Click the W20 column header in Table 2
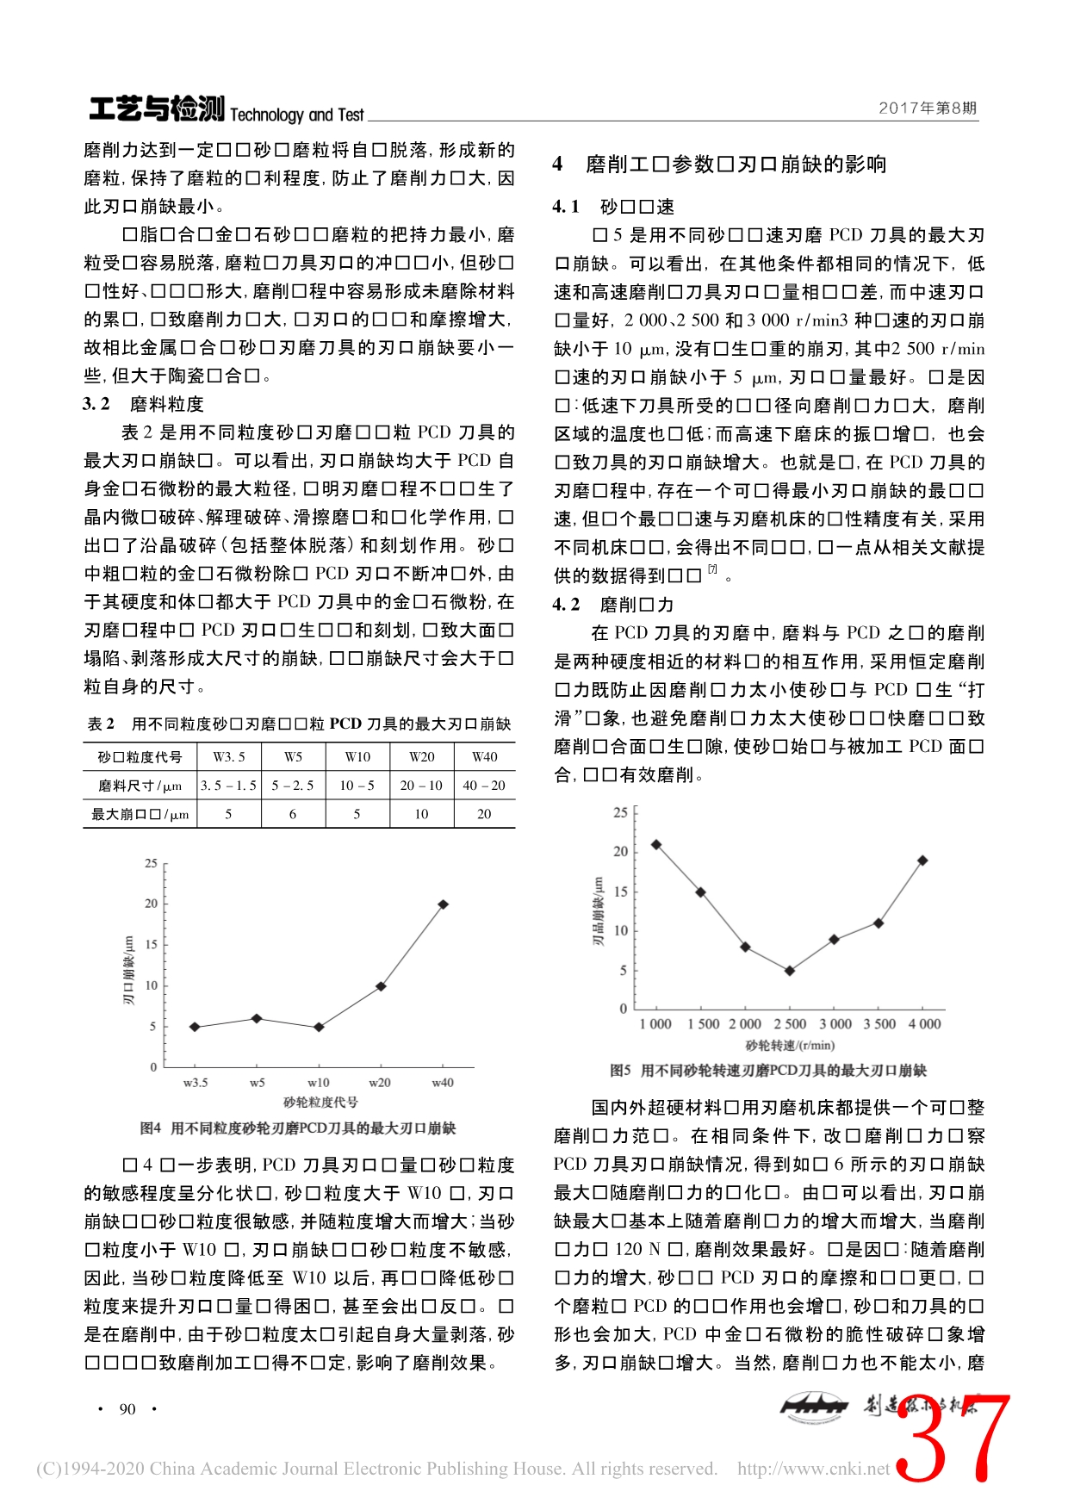pyautogui.click(x=421, y=757)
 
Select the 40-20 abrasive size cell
pyautogui.click(x=484, y=786)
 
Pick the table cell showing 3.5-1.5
pyautogui.click(x=228, y=786)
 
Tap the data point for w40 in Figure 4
pyautogui.click(x=443, y=904)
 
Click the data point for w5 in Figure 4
pyautogui.click(x=257, y=1019)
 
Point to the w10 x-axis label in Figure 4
pyautogui.click(x=319, y=1083)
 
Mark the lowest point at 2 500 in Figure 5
pyautogui.click(x=790, y=971)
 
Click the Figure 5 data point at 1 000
pyautogui.click(x=656, y=844)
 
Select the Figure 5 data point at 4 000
pyautogui.click(x=923, y=861)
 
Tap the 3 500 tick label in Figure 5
pyautogui.click(x=879, y=1024)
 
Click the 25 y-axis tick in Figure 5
pyautogui.click(x=620, y=812)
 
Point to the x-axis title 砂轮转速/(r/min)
pyautogui.click(x=790, y=1046)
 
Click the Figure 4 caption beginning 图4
pyautogui.click(x=298, y=1128)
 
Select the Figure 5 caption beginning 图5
pyautogui.click(x=768, y=1071)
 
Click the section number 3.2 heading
pyautogui.click(x=96, y=404)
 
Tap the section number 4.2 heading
pyautogui.click(x=567, y=605)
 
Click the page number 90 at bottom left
pyautogui.click(x=127, y=1409)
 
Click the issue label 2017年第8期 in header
pyautogui.click(x=928, y=109)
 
